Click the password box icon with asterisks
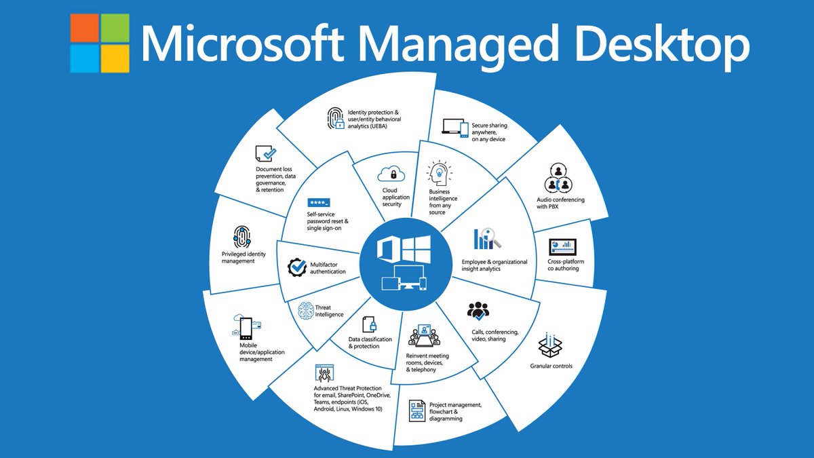click(318, 203)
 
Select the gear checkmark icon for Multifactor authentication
click(297, 267)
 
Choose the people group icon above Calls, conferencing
click(479, 311)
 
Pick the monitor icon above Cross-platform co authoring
click(562, 245)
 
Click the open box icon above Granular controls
click(550, 344)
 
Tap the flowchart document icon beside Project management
click(417, 411)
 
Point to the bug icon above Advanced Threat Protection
click(322, 373)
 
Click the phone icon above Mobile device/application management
click(244, 328)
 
